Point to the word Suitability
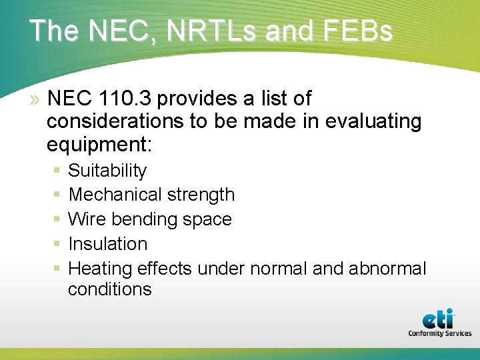pos(107,171)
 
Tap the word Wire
pos(87,219)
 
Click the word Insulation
pos(108,244)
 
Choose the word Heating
pos(100,269)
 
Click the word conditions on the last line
pos(110,289)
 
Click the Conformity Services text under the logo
pos(439,333)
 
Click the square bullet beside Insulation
pos(57,244)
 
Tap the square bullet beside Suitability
pos(57,171)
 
